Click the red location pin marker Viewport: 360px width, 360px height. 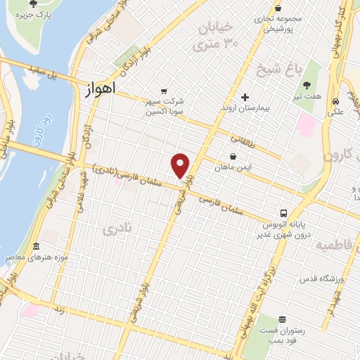(x=181, y=165)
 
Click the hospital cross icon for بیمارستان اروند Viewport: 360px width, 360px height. (x=245, y=97)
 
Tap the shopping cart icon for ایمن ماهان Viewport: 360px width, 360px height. (x=233, y=157)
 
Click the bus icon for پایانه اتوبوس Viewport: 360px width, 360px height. (x=283, y=212)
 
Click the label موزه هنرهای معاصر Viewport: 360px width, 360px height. (x=37, y=258)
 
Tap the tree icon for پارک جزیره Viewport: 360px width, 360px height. (x=33, y=4)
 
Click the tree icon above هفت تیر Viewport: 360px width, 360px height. (x=307, y=84)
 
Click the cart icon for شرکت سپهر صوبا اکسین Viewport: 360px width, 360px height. (x=163, y=90)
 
